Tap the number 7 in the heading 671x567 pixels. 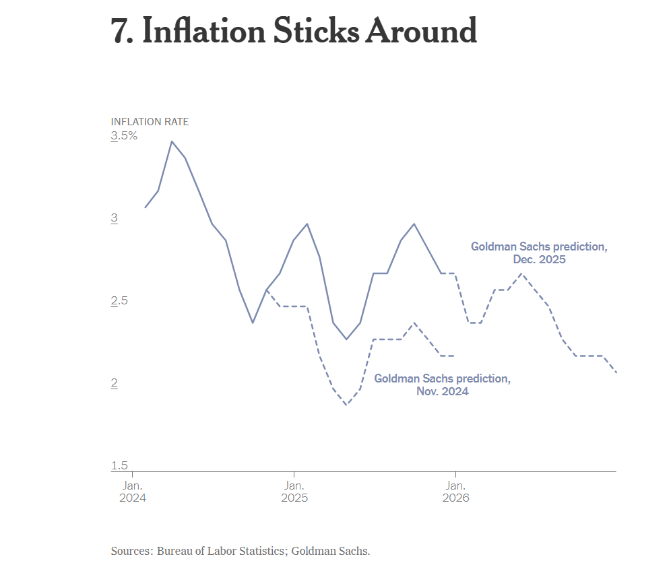pos(121,30)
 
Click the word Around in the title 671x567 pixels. pos(420,30)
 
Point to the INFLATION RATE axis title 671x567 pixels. pos(150,122)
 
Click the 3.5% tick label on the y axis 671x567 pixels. pos(124,136)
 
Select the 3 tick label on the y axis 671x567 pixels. pos(115,218)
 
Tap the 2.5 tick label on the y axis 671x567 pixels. pos(119,300)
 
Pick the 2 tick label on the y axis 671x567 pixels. pos(115,383)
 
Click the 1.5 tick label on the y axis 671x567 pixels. pos(119,465)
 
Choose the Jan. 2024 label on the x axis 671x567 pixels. pos(131,492)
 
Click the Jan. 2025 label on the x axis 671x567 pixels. pos(294,492)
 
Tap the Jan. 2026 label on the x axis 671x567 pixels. pos(455,492)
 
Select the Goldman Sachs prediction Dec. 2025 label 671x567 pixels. pos(538,253)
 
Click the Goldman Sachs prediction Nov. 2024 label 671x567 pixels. pos(442,385)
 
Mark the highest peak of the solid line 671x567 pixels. pos(172,141)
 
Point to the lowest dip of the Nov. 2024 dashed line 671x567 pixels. pos(346,405)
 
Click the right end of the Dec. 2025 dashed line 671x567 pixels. pos(616,372)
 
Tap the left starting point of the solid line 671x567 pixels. pos(145,207)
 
